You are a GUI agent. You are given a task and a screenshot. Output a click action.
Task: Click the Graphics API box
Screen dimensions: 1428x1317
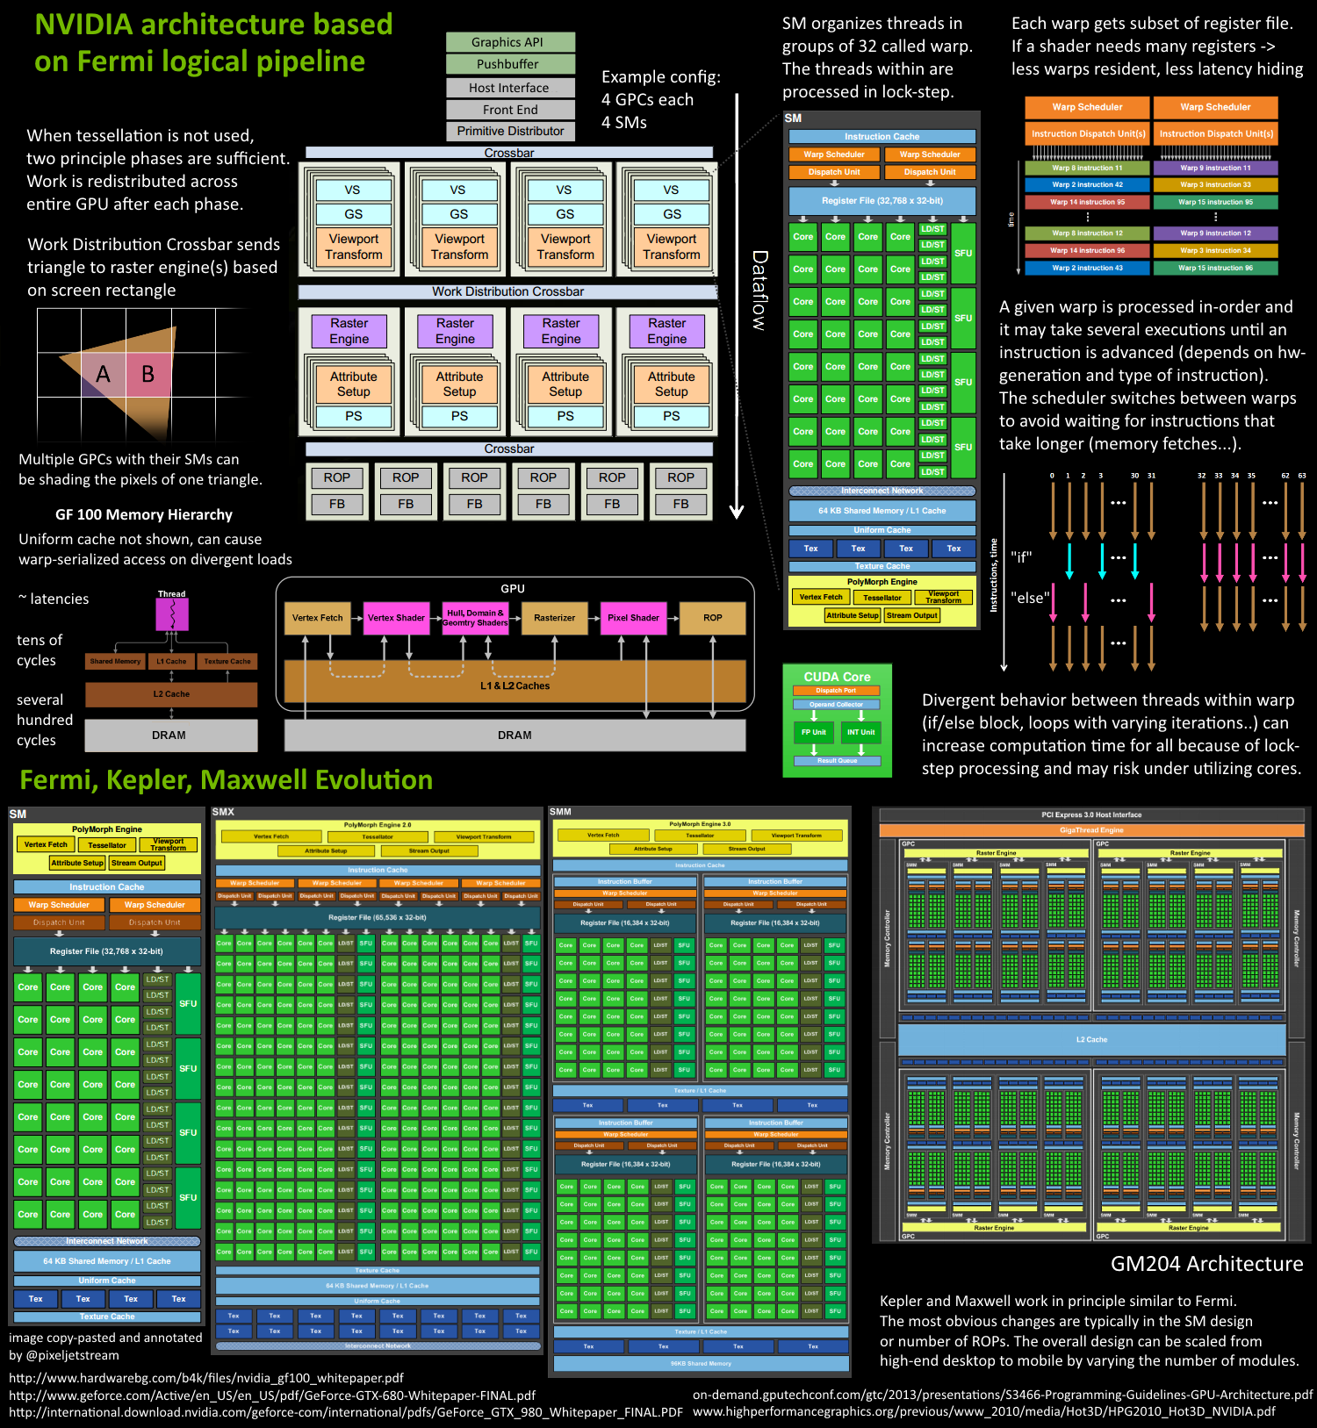[510, 42]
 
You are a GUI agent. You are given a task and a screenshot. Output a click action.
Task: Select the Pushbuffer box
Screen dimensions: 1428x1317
[510, 64]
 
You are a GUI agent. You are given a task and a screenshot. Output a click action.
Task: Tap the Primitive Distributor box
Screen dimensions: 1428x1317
[510, 131]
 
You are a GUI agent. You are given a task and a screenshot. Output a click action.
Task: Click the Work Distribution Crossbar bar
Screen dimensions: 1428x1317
[507, 291]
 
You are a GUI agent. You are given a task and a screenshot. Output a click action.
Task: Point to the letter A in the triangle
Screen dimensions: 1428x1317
[103, 375]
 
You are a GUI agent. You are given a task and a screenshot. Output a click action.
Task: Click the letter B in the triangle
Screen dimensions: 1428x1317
[148, 375]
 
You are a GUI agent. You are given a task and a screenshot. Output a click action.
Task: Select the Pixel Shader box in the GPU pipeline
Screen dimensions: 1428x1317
[633, 618]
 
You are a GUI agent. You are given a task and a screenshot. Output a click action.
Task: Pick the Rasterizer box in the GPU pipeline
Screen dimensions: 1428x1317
[554, 618]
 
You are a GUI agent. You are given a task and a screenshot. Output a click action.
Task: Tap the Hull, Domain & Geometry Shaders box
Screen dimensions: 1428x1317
[475, 618]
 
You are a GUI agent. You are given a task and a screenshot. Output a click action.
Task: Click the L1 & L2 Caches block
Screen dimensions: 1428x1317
[515, 685]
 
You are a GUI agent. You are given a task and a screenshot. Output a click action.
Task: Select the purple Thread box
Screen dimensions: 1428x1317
[172, 614]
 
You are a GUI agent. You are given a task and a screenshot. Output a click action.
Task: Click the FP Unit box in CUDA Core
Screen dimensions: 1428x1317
[813, 732]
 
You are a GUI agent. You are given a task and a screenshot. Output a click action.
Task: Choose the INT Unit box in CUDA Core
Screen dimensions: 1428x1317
[860, 732]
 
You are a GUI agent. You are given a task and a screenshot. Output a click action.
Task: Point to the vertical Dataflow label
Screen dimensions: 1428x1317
[759, 291]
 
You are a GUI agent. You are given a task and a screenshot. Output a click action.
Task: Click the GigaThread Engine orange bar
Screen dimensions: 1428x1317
[1091, 829]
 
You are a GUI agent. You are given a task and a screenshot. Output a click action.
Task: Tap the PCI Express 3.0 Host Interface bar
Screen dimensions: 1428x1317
[1091, 814]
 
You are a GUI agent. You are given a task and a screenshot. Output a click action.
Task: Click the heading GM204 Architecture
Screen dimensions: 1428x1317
[1206, 1264]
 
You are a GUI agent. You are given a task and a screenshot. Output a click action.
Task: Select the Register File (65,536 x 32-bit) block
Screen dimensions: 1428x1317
[378, 917]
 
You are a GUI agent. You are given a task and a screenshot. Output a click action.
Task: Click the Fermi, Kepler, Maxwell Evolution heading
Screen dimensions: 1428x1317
[226, 780]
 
